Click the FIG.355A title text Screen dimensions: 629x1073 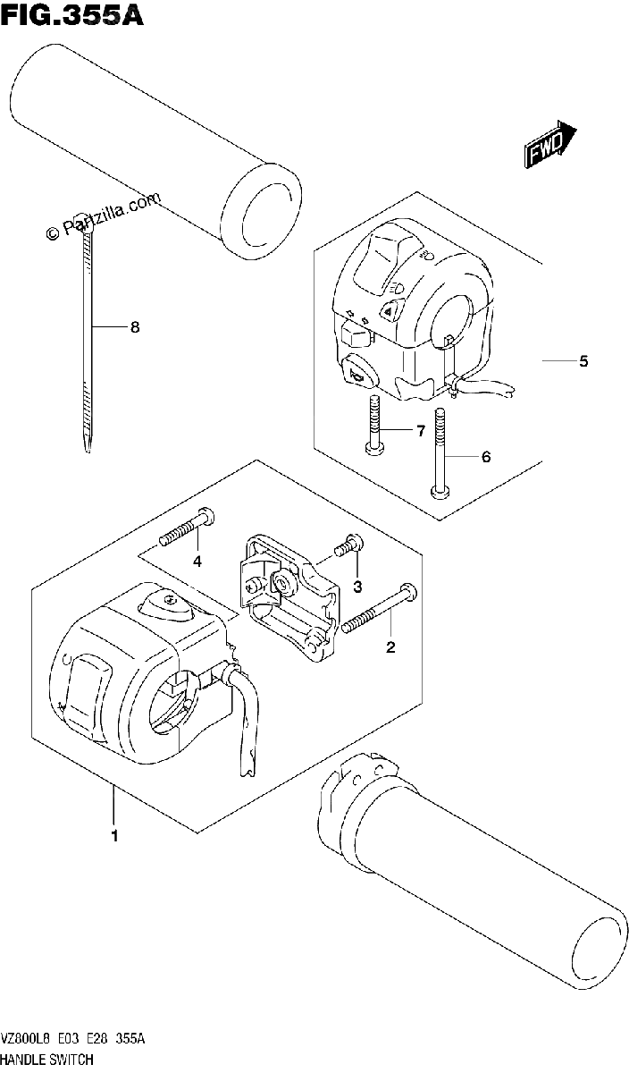(x=71, y=15)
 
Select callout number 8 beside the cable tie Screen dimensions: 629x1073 (x=135, y=327)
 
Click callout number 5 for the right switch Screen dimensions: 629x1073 (x=583, y=361)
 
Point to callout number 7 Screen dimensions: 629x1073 (x=421, y=431)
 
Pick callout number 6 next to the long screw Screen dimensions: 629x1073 (x=486, y=457)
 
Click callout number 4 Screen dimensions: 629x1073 (x=197, y=561)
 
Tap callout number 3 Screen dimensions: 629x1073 (x=357, y=587)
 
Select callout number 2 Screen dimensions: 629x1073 (x=390, y=647)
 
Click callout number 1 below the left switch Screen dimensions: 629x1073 (x=114, y=836)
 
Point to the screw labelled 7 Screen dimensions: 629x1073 (x=374, y=425)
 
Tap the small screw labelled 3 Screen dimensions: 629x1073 (x=349, y=545)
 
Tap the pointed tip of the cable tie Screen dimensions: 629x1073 (x=87, y=451)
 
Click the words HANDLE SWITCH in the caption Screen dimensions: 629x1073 (x=47, y=1059)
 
